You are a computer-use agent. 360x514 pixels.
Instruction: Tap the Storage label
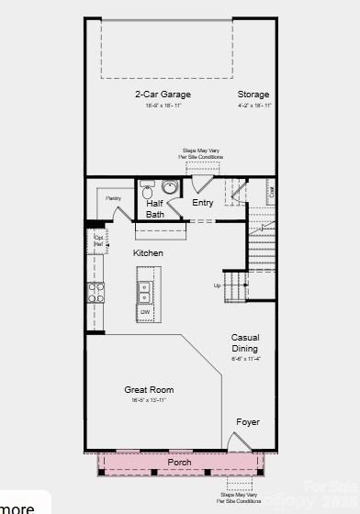[x=253, y=95]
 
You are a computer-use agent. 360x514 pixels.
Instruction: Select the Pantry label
[x=113, y=198]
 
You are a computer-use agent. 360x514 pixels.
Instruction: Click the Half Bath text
[x=155, y=209]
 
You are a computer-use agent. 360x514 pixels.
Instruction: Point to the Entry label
[x=202, y=203]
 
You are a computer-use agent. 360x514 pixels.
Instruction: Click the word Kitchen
[x=148, y=252]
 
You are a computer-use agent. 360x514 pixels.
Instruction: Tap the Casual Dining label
[x=244, y=342]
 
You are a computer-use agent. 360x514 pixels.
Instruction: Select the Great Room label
[x=149, y=390]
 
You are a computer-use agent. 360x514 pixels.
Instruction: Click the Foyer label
[x=247, y=422]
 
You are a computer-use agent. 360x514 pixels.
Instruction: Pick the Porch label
[x=179, y=462]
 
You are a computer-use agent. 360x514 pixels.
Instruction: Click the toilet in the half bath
[x=147, y=193]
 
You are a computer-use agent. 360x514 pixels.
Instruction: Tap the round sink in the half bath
[x=171, y=189]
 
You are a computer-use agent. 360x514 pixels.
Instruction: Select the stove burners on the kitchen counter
[x=95, y=292]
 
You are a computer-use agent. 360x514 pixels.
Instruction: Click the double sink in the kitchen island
[x=145, y=292]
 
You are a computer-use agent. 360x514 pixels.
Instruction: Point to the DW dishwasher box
[x=145, y=314]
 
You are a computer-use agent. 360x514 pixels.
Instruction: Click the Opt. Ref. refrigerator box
[x=98, y=241]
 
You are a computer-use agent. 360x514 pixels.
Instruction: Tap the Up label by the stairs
[x=218, y=285]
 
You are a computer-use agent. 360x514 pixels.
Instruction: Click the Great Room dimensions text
[x=149, y=400]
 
